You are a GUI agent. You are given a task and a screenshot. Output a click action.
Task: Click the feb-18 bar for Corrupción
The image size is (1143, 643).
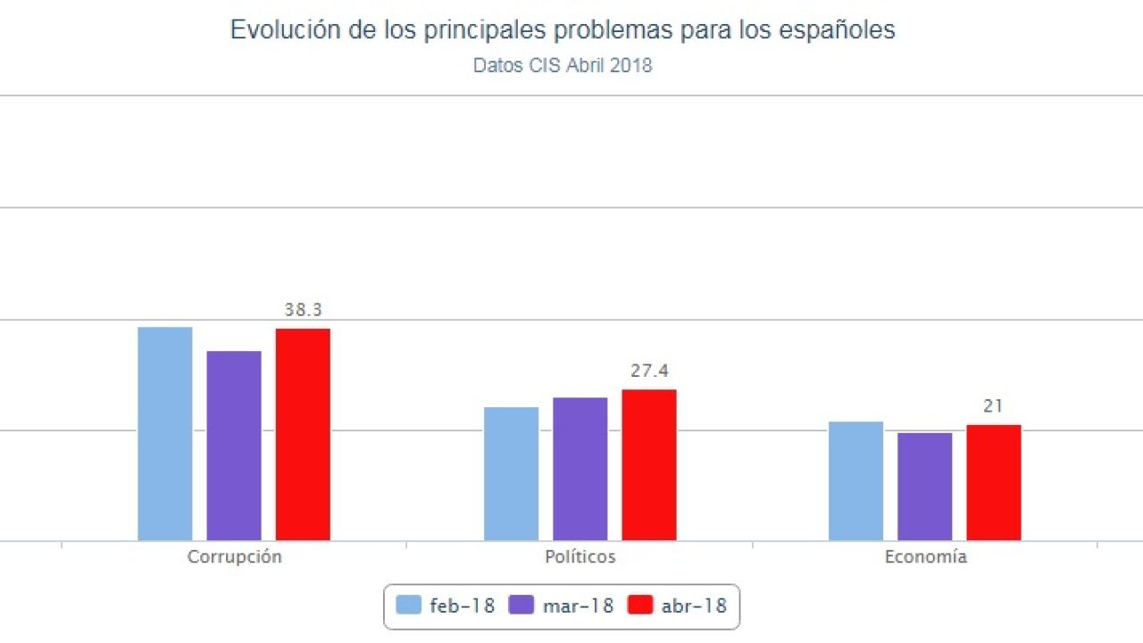coord(165,434)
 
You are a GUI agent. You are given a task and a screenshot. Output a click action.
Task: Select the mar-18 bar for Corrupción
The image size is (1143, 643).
coord(234,446)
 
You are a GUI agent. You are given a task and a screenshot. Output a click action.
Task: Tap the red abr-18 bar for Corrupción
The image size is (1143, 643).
coord(303,435)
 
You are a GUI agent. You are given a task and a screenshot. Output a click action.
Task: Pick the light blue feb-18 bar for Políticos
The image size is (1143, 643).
coord(512,474)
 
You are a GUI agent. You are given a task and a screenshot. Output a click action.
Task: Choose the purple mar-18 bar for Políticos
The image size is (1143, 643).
coord(580,469)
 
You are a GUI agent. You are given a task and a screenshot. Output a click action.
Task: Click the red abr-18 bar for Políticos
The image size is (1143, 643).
coord(649,465)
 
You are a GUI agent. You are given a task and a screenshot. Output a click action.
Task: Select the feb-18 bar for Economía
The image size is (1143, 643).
coord(855,481)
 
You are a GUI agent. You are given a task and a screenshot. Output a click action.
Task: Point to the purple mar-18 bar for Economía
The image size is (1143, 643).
coord(924,487)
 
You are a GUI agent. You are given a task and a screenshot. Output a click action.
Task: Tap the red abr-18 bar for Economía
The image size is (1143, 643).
coord(993,483)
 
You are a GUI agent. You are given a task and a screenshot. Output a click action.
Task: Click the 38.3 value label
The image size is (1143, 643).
coord(304,311)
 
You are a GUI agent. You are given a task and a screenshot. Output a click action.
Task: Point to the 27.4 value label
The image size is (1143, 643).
coord(649,371)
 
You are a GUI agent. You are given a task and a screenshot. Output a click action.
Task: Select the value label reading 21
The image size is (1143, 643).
coord(993,406)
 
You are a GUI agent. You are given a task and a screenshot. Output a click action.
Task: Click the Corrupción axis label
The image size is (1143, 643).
coord(234,557)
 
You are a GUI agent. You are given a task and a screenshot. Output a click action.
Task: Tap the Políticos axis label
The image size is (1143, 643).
coord(580,557)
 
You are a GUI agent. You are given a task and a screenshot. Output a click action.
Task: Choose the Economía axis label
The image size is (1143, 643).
coord(925,557)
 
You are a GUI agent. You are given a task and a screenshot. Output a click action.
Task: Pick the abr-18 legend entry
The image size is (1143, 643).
coord(678,605)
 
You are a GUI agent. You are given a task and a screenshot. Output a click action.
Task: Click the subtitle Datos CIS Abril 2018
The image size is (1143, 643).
coord(563,66)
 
